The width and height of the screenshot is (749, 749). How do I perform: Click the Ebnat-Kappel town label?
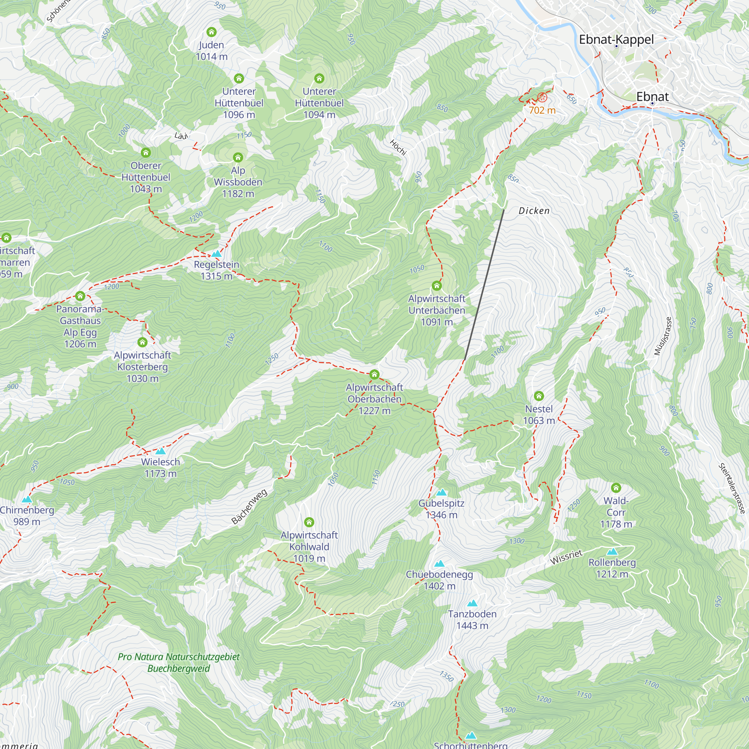(x=616, y=40)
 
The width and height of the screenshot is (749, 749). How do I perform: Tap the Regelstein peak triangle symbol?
(x=216, y=254)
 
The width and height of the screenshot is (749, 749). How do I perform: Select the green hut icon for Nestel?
(x=539, y=396)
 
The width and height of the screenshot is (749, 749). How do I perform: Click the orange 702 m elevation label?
(x=542, y=110)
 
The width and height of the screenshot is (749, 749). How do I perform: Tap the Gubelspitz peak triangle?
(x=441, y=493)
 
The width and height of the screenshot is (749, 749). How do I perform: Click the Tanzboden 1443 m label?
(x=472, y=619)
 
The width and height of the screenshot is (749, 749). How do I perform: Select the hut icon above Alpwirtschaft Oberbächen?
(x=374, y=374)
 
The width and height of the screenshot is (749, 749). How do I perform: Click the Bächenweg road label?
(x=249, y=507)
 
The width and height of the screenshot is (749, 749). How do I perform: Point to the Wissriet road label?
(x=566, y=557)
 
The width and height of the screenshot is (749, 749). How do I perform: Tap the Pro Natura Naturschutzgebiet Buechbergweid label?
(x=179, y=662)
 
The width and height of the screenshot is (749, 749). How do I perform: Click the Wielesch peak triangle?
(x=161, y=451)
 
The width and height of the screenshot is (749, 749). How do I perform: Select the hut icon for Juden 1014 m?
(x=211, y=32)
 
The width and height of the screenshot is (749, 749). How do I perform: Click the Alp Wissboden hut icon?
(x=238, y=157)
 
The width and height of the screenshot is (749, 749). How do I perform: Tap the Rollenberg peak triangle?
(x=612, y=552)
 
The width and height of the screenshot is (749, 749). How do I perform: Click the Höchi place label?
(x=398, y=148)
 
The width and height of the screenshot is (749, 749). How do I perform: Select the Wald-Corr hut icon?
(x=616, y=488)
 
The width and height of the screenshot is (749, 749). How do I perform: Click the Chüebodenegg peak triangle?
(x=439, y=564)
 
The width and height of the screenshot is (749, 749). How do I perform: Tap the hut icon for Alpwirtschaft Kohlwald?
(x=309, y=522)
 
